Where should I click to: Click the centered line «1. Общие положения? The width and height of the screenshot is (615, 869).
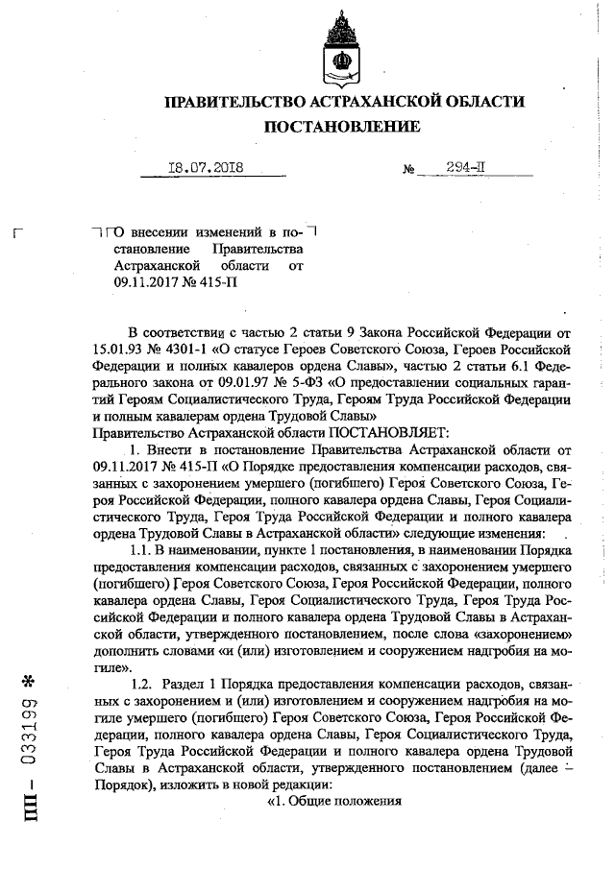pyautogui.click(x=333, y=802)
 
